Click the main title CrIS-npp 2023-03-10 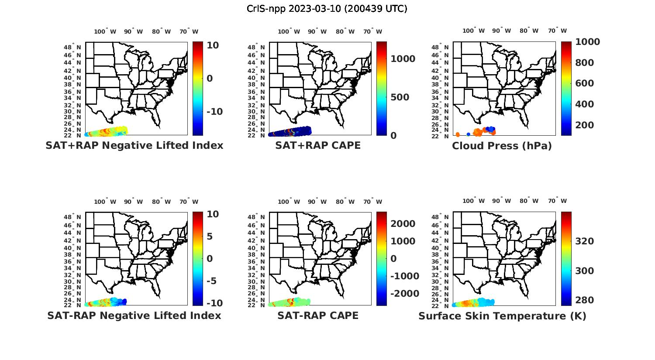tap(327, 8)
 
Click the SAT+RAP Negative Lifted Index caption tap(134, 145)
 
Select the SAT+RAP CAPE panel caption tap(318, 145)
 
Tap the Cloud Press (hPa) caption tap(502, 145)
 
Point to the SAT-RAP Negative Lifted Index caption tap(134, 315)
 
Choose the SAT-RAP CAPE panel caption tap(318, 315)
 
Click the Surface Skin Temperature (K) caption tap(502, 315)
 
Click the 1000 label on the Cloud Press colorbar tap(588, 42)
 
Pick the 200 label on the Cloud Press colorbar tap(585, 125)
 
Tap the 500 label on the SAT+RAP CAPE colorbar tap(400, 97)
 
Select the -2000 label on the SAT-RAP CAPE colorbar tap(404, 294)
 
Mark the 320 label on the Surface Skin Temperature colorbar tap(585, 241)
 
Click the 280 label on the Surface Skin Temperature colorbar tap(585, 300)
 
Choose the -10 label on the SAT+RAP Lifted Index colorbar tap(214, 112)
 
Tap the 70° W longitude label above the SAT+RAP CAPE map tap(372, 31)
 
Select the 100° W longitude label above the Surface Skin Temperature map tap(474, 201)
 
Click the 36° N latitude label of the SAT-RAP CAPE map tap(260, 261)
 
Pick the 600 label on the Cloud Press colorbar tap(585, 83)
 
